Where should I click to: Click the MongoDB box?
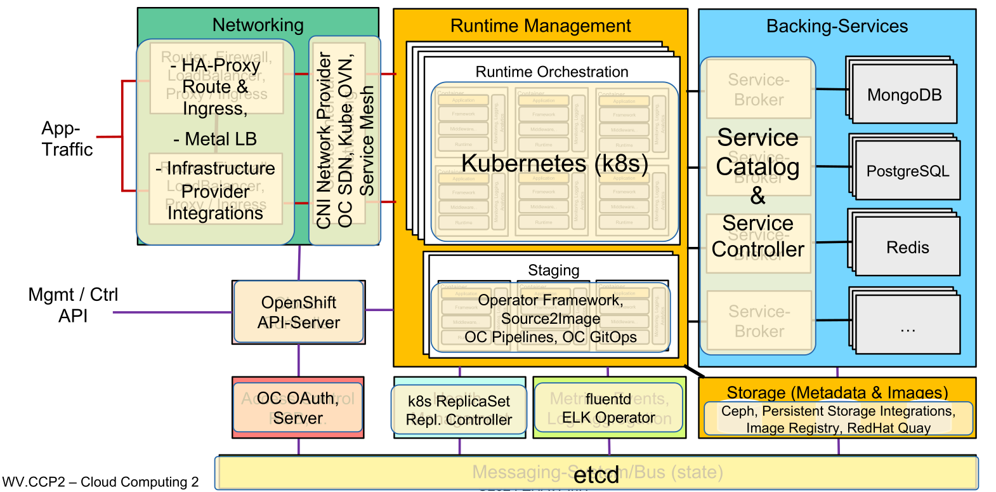tap(904, 95)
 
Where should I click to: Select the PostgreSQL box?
tap(907, 171)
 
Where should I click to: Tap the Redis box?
tap(907, 248)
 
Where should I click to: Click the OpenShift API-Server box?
tap(299, 312)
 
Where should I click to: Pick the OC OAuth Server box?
tap(298, 408)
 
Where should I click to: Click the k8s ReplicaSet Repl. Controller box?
tap(459, 411)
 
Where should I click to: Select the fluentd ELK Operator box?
tap(608, 408)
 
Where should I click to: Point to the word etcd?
tap(596, 475)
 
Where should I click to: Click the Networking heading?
tap(258, 25)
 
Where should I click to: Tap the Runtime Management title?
tap(541, 26)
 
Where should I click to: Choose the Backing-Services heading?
tap(837, 26)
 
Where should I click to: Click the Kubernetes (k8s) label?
tap(554, 163)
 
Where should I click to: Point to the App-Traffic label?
tap(67, 138)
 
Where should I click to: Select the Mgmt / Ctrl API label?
tap(73, 305)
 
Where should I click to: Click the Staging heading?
tap(553, 270)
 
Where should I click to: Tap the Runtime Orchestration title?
tap(552, 72)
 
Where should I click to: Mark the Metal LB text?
tap(215, 139)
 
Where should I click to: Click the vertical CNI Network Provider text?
tap(324, 140)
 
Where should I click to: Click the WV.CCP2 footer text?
tap(100, 482)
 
